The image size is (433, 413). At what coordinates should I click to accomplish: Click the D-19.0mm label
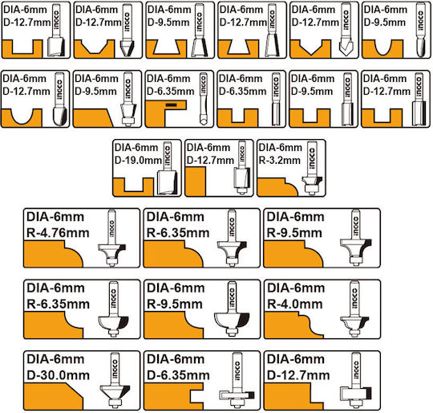coord(138,160)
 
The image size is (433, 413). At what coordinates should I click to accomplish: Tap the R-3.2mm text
coord(280,160)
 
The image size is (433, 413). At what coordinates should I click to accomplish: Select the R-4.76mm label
coord(58,233)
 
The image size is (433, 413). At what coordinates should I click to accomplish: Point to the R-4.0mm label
coord(295,305)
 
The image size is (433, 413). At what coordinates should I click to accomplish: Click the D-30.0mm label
coord(58,375)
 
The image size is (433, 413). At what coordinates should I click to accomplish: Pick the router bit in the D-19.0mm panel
coord(167,168)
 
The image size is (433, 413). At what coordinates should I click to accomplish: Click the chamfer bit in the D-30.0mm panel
coord(115,380)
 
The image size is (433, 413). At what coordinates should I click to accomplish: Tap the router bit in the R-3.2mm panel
coord(312,168)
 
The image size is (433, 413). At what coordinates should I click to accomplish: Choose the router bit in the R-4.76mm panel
coord(111,238)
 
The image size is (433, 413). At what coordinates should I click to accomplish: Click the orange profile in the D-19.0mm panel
coord(133,186)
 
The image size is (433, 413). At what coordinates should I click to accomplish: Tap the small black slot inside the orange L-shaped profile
coord(172,104)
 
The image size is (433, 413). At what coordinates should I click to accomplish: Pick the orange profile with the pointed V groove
coord(310,49)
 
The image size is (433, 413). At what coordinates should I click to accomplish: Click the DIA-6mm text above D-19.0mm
coord(136,147)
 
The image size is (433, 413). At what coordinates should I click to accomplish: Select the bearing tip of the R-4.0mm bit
coord(354,332)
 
